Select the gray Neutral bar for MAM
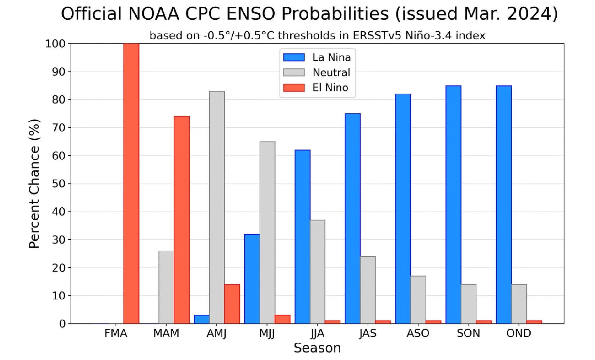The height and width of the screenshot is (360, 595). [x=166, y=287]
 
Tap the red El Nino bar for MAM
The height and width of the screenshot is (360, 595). [x=182, y=220]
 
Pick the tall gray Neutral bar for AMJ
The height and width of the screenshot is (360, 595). [x=217, y=207]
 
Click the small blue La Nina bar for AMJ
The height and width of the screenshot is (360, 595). [x=201, y=319]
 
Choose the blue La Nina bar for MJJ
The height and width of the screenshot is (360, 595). [x=252, y=279]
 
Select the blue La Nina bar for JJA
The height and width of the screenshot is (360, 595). [x=302, y=237]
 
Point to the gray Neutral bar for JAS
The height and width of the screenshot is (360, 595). [x=368, y=290]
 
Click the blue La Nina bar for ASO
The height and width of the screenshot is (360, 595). [x=403, y=209]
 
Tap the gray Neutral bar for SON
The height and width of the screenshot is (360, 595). [x=469, y=304]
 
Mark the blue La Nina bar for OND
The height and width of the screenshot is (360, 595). [x=504, y=205]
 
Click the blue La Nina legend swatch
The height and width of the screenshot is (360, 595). [x=294, y=57]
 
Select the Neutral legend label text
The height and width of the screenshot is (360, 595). [x=331, y=72]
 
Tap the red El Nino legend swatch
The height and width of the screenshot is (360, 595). [x=294, y=87]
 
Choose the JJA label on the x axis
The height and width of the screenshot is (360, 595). [x=317, y=333]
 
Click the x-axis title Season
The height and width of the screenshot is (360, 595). [x=317, y=348]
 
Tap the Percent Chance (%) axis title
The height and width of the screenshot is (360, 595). [x=34, y=183]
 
